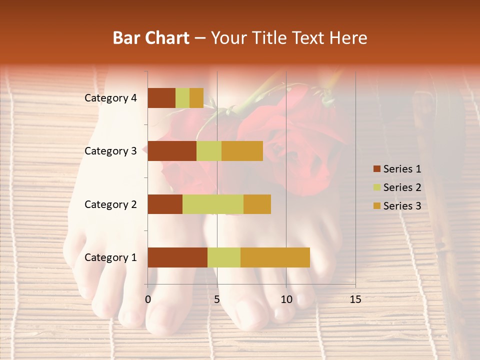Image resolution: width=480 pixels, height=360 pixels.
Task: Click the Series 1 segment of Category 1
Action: point(177,257)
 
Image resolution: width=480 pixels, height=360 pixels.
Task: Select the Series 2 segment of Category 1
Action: point(224,257)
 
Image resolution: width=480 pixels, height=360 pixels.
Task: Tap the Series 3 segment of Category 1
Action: point(275,257)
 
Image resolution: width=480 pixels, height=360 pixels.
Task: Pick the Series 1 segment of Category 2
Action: point(165,204)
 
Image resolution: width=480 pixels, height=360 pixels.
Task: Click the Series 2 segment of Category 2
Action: point(213,204)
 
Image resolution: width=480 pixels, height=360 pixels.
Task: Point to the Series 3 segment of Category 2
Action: point(257,204)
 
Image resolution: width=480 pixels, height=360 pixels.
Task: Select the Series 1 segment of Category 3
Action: point(172,151)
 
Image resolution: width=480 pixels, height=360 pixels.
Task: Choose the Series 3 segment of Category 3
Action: point(242,151)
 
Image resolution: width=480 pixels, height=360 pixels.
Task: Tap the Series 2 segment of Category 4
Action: point(182,98)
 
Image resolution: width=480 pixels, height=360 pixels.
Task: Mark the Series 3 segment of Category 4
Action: point(196,98)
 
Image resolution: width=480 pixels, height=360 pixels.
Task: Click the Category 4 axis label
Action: point(110,98)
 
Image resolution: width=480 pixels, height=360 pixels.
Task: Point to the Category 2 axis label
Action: point(110,204)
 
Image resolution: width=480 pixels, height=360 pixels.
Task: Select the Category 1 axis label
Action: point(110,257)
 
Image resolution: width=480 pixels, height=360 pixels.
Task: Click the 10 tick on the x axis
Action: point(286,299)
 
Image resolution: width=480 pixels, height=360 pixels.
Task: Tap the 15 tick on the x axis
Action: point(355,299)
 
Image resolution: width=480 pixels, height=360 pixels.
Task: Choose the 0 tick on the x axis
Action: point(148,299)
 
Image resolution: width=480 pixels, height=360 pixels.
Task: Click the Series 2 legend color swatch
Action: point(376,187)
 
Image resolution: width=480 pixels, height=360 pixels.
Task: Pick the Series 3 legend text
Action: point(402,205)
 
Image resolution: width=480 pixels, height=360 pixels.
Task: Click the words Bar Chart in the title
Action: point(151,38)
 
